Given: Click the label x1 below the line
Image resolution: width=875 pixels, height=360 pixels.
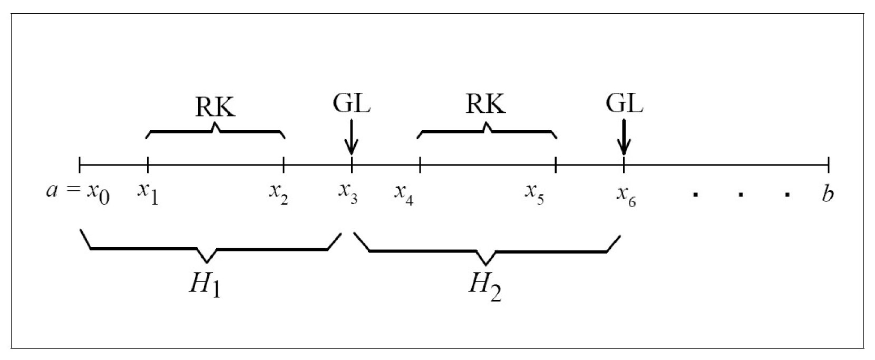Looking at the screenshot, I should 148,193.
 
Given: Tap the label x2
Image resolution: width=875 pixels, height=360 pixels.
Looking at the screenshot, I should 279,193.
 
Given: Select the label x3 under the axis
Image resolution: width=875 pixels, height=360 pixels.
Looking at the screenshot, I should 348,193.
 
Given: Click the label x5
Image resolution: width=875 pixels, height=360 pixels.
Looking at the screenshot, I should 534,193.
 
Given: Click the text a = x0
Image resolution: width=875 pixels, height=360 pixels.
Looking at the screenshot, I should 78,193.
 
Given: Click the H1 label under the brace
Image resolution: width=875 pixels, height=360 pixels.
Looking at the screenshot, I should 205,286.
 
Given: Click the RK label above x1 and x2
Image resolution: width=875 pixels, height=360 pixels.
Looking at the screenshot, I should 215,107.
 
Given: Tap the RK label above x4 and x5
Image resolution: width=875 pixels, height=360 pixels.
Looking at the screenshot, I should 485,104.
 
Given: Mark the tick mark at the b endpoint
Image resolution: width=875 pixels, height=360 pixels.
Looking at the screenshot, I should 829,165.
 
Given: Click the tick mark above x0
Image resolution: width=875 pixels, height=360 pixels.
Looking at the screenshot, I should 79,165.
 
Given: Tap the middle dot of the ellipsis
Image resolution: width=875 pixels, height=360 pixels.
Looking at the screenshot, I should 741,195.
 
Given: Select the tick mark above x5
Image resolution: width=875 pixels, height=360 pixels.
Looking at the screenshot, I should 556,165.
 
